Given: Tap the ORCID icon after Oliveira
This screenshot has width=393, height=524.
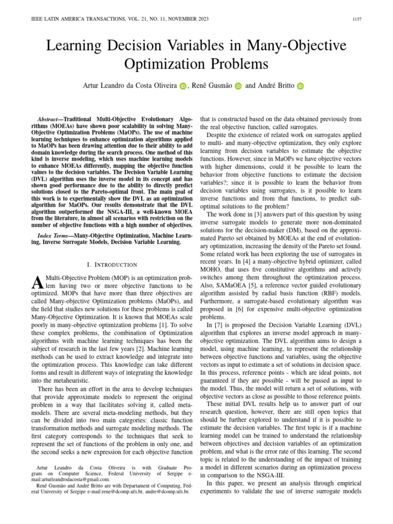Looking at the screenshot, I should (x=184, y=86).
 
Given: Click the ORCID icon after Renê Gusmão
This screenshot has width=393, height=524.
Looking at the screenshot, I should (x=238, y=86).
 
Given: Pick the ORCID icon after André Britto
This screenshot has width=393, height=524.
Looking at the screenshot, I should (x=300, y=86).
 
